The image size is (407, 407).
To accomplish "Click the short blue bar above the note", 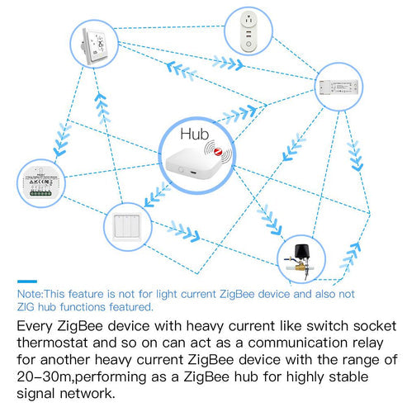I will click(x=27, y=282).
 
